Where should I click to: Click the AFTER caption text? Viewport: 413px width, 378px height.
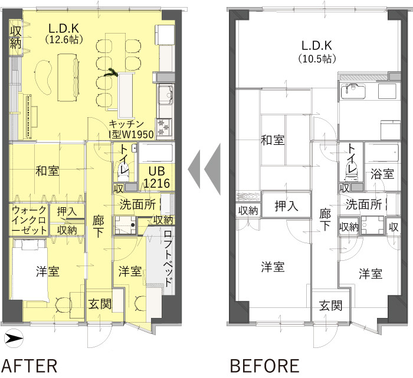click(x=29, y=366)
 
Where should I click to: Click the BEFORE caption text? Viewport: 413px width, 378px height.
click(x=265, y=366)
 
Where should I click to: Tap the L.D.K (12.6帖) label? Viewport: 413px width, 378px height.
click(x=64, y=34)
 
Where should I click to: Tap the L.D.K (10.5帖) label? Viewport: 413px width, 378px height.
click(x=317, y=52)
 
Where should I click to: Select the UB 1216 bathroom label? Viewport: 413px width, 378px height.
click(x=157, y=177)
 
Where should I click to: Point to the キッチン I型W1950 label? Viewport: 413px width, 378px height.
click(x=131, y=130)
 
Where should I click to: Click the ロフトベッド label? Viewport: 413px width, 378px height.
click(x=168, y=258)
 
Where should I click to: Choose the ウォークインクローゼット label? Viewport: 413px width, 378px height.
click(x=29, y=220)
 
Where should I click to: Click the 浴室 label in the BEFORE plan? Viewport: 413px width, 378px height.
click(x=382, y=174)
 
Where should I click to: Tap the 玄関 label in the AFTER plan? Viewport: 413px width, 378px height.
click(x=100, y=304)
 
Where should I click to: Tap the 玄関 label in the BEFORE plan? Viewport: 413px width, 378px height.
click(x=330, y=306)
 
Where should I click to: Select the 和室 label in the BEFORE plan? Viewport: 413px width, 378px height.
click(x=273, y=140)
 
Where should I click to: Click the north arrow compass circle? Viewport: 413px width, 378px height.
click(x=14, y=339)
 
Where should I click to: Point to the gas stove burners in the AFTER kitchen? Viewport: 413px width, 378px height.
click(x=164, y=127)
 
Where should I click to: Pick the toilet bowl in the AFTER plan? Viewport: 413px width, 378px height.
click(x=124, y=168)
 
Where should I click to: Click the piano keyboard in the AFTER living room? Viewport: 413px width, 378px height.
click(x=28, y=117)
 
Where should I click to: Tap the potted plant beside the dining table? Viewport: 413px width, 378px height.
click(x=111, y=72)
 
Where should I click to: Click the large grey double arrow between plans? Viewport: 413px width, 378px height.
click(x=204, y=170)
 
